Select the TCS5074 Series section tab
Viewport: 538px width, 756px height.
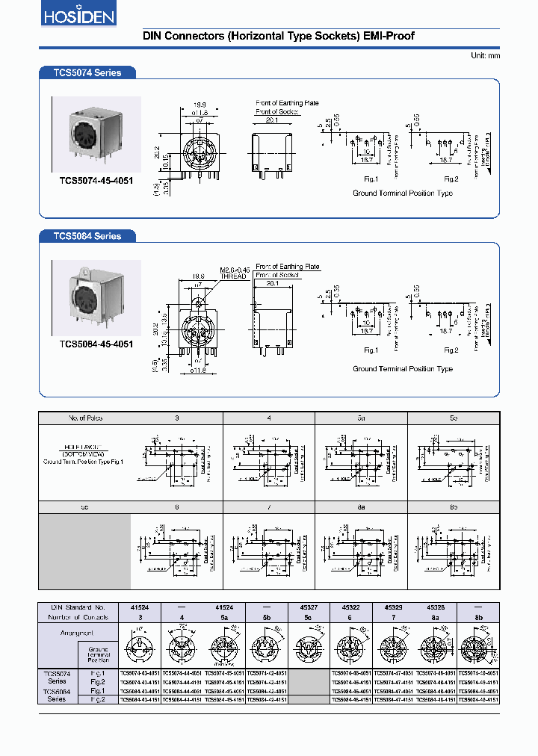(87, 72)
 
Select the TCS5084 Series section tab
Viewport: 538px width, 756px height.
(87, 236)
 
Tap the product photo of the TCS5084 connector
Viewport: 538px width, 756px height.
(96, 297)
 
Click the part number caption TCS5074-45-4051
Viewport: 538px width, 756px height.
(96, 181)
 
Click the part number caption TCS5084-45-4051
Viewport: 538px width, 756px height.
(96, 344)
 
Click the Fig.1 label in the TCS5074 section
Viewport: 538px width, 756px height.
(371, 179)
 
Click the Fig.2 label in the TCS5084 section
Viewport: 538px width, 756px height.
(451, 350)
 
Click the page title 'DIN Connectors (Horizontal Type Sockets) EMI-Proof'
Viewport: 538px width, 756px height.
(278, 36)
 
